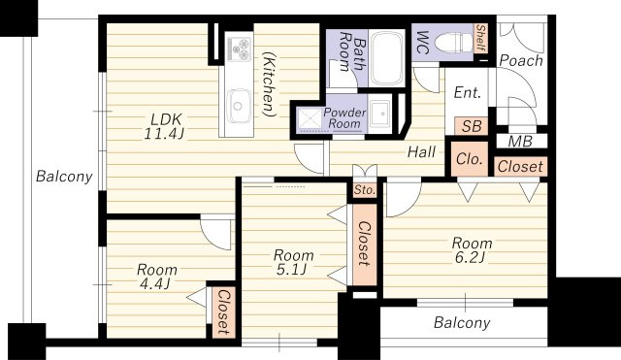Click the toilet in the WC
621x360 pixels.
tap(453, 42)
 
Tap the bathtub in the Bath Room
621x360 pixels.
tap(386, 58)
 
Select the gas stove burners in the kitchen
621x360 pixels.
tap(239, 49)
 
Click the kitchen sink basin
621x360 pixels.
tap(238, 106)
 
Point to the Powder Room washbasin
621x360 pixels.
tap(380, 113)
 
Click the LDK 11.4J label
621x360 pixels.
tap(164, 126)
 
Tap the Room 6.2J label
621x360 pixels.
tap(472, 250)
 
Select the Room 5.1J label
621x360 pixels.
tap(293, 262)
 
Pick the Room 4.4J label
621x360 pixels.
tap(157, 277)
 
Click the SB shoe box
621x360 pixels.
tap(471, 126)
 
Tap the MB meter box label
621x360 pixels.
tap(520, 142)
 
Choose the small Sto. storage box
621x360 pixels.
tap(365, 190)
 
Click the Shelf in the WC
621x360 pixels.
tap(480, 38)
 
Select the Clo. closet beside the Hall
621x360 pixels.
tap(470, 159)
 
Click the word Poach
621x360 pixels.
tap(521, 60)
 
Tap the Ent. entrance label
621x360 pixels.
tap(468, 93)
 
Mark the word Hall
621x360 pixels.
tap(422, 151)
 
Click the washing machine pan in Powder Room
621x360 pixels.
tap(310, 119)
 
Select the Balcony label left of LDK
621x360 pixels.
tap(64, 177)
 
